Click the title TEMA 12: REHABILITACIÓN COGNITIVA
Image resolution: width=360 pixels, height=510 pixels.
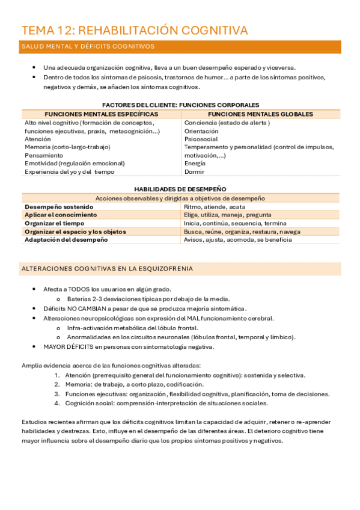click(x=135, y=31)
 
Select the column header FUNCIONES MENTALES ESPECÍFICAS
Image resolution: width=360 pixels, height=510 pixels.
click(x=102, y=114)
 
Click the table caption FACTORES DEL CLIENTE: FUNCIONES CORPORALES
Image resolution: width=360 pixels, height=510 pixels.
click(x=180, y=105)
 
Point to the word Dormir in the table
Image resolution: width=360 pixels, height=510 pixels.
click(x=194, y=171)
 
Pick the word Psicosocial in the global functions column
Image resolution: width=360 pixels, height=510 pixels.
click(x=201, y=138)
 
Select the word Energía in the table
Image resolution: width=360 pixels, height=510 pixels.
click(x=195, y=163)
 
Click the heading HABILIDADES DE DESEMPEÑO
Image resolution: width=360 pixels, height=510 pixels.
click(x=180, y=189)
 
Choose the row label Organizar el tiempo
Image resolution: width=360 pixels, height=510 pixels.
click(x=54, y=223)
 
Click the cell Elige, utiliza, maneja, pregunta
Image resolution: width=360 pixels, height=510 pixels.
click(x=227, y=215)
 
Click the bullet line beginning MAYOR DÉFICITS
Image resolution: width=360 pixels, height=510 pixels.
click(x=128, y=346)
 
